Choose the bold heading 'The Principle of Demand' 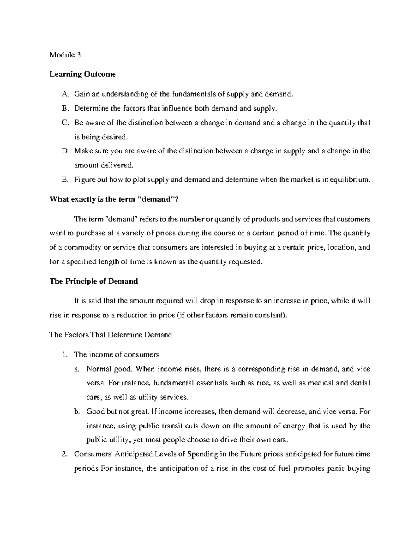pos(94,281)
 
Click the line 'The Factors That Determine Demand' pos(111,335)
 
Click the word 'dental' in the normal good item pos(359,383)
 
